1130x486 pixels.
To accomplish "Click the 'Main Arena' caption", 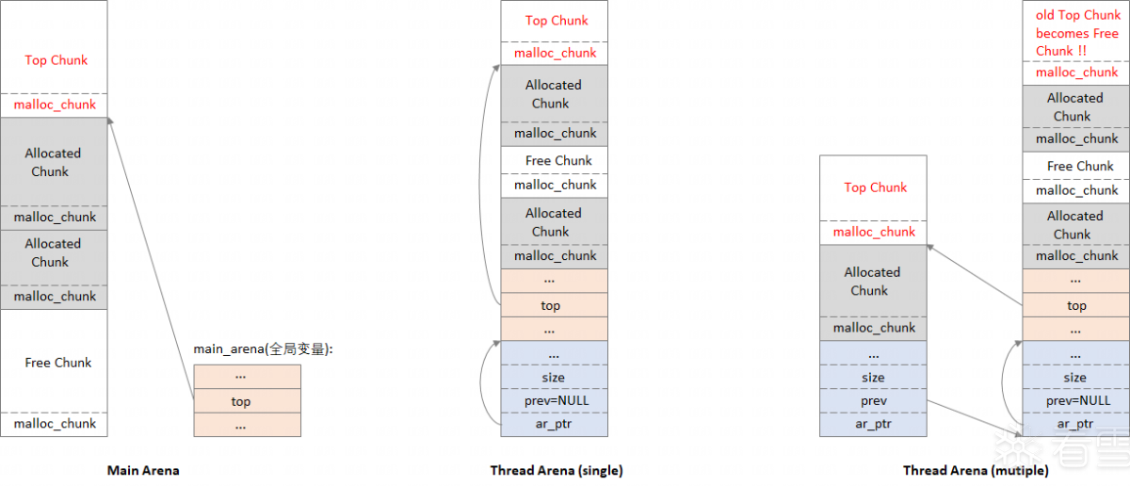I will point(143,470).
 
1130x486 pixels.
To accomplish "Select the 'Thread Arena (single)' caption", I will point(557,470).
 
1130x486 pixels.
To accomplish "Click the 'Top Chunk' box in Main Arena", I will point(56,59).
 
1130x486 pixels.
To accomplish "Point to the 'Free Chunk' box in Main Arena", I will point(56,362).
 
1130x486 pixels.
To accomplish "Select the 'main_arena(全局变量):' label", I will point(263,348).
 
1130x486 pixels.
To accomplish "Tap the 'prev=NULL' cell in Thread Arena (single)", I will point(555,400).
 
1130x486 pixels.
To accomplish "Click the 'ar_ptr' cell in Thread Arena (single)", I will point(555,424).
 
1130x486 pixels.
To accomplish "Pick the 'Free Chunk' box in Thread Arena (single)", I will point(555,160).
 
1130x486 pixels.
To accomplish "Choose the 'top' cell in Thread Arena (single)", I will point(555,305).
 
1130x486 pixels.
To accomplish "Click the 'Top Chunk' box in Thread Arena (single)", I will point(555,21).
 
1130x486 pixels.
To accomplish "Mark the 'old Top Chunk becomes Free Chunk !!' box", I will point(1075,32).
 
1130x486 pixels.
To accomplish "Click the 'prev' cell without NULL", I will point(873,400).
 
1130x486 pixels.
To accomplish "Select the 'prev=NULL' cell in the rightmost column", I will point(1075,400).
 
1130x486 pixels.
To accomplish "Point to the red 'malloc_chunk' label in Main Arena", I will point(56,105).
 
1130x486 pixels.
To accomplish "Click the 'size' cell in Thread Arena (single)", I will point(555,377).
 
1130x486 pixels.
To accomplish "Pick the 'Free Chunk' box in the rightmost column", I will point(1075,166).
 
